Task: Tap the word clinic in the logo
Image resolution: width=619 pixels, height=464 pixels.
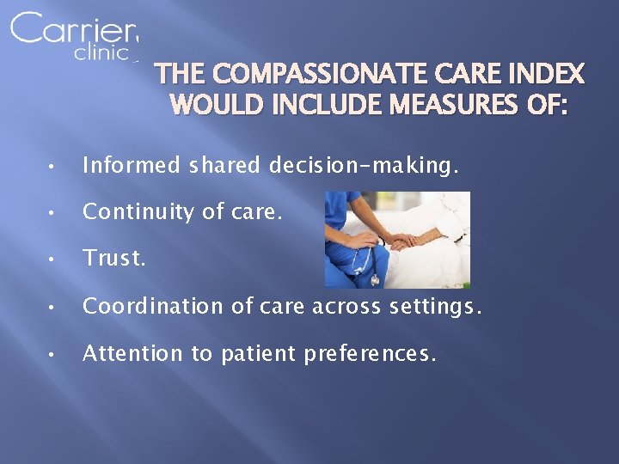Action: (101, 53)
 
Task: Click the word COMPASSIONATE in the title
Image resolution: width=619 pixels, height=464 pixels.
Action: (316, 74)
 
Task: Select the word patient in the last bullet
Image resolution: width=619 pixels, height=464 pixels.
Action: (249, 353)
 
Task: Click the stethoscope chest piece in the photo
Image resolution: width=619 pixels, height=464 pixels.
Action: (376, 278)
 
